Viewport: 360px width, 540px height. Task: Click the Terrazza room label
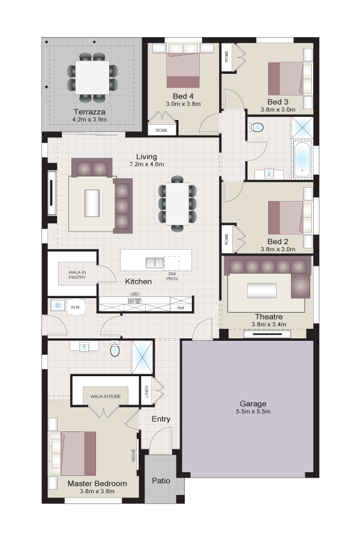89,112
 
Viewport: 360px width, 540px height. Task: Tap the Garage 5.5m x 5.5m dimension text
253,412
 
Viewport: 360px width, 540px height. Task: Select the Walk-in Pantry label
77,275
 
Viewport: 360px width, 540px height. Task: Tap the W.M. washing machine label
76,307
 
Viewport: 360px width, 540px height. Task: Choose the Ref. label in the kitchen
181,308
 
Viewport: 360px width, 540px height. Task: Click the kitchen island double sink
155,263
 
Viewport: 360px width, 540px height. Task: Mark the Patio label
161,481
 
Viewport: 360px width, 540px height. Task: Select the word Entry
161,419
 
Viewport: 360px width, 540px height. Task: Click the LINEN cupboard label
147,391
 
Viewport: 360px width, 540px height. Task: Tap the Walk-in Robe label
106,397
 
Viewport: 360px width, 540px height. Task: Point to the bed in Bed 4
183,65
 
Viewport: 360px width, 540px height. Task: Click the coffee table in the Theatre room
262,290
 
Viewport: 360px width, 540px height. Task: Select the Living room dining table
178,203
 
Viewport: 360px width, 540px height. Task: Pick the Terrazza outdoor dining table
92,77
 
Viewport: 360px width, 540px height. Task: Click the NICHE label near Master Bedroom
134,455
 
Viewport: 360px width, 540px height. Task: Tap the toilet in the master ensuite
115,349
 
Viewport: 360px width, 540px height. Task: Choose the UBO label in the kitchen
134,294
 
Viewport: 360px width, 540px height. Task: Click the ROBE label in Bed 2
226,239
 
